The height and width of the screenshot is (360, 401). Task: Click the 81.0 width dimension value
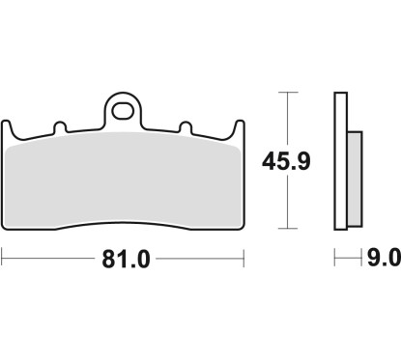click(x=126, y=260)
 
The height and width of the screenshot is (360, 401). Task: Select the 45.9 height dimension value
click(x=286, y=161)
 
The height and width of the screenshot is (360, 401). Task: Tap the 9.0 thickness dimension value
click(x=384, y=258)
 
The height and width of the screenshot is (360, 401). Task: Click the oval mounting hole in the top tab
click(x=123, y=111)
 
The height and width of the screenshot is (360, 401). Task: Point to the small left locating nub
click(x=60, y=127)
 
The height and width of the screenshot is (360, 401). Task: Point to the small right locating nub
click(x=186, y=127)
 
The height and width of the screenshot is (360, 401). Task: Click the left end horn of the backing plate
click(x=7, y=128)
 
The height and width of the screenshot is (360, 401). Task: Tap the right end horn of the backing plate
click(x=239, y=128)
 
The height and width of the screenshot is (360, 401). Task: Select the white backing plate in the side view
click(x=341, y=161)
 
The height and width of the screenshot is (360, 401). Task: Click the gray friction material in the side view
click(x=355, y=179)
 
